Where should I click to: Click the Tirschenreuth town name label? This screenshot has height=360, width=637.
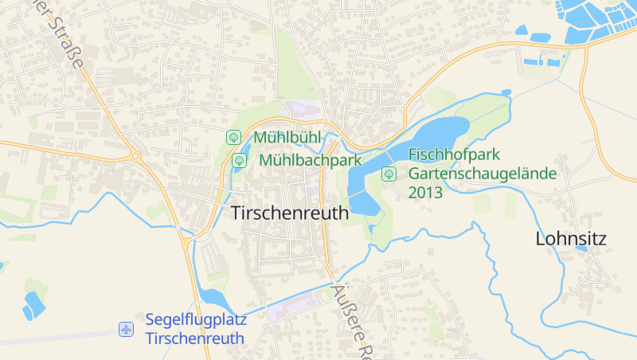click(x=290, y=213)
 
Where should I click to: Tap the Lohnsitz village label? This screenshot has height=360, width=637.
click(x=571, y=238)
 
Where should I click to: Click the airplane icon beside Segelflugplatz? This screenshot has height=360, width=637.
click(x=126, y=329)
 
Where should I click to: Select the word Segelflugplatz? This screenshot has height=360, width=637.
click(x=196, y=320)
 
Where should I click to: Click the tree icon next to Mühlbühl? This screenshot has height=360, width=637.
click(x=234, y=137)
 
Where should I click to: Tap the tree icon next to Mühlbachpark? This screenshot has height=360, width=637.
click(x=238, y=161)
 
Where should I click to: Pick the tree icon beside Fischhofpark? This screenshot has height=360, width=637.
click(x=389, y=173)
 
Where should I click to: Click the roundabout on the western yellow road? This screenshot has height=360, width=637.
click(x=136, y=156)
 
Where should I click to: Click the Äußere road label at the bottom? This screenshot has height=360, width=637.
click(x=350, y=319)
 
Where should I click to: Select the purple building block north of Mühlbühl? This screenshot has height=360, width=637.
click(x=303, y=109)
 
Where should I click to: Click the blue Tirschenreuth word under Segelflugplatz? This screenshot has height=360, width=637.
click(x=194, y=338)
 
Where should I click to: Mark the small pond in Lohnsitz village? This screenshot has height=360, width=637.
click(x=582, y=248)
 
